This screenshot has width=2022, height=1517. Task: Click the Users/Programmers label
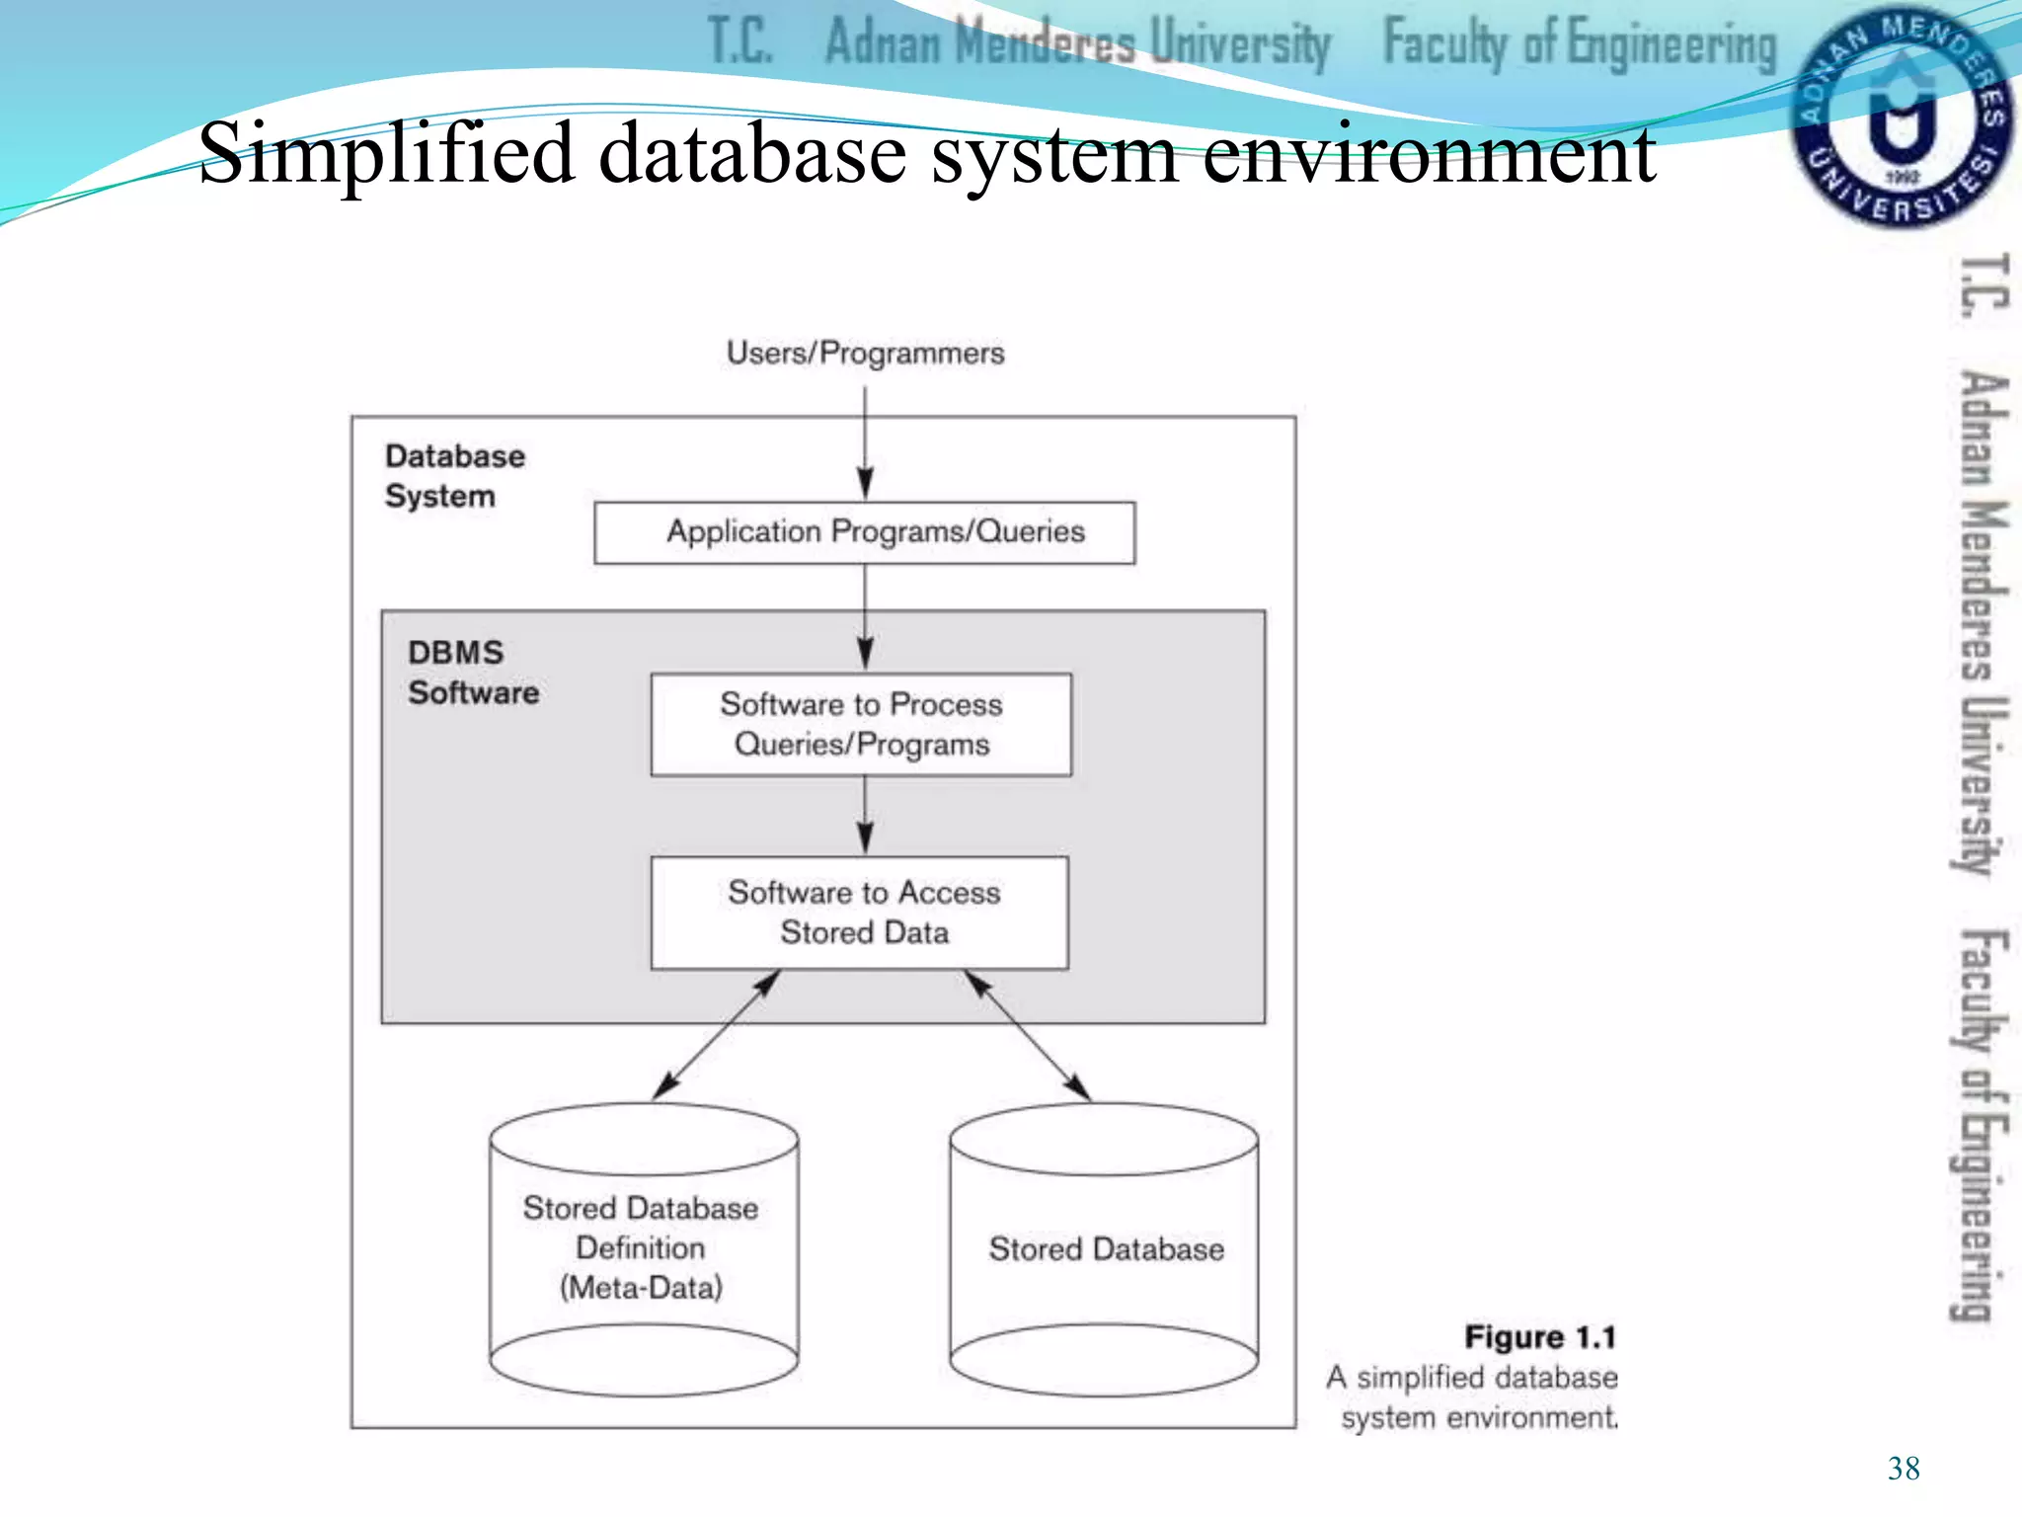coord(865,354)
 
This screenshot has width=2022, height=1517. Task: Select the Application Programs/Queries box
coord(865,533)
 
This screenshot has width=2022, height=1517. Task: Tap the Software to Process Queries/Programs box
coord(861,725)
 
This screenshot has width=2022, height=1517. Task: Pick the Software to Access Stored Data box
coord(860,913)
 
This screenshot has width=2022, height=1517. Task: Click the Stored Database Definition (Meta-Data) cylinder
coord(643,1249)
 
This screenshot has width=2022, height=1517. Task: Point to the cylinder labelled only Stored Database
coord(1104,1250)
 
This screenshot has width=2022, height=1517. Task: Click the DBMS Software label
coord(473,673)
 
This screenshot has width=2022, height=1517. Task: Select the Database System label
coord(454,476)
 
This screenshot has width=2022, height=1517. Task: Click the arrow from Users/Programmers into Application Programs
coord(865,444)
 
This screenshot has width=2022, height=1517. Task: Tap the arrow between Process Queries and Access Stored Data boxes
coord(865,816)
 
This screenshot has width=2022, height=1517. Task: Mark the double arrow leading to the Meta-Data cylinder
coord(717,1036)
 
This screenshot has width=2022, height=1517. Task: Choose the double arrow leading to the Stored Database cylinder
coord(1028,1036)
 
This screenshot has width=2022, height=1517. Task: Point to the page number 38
coord(1903,1469)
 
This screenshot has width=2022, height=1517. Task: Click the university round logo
coord(1900,117)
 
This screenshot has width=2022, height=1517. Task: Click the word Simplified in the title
coord(386,153)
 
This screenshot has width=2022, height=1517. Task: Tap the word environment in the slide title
coord(1429,155)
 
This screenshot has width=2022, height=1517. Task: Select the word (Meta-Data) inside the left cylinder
coord(642,1288)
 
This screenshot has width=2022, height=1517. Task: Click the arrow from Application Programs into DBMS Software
coord(865,618)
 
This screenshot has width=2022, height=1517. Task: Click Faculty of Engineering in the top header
coord(1579,44)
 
